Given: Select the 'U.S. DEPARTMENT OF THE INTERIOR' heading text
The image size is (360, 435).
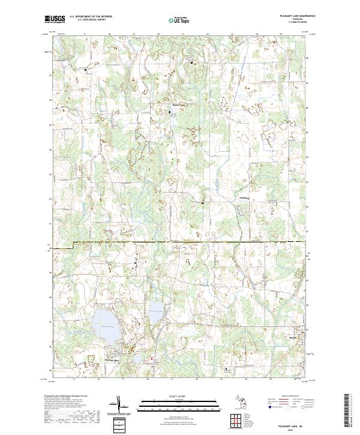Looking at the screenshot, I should [91, 17].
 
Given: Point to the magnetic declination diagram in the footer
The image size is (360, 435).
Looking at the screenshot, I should [119, 407].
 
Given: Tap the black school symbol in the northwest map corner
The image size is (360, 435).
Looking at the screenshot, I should [85, 70].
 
